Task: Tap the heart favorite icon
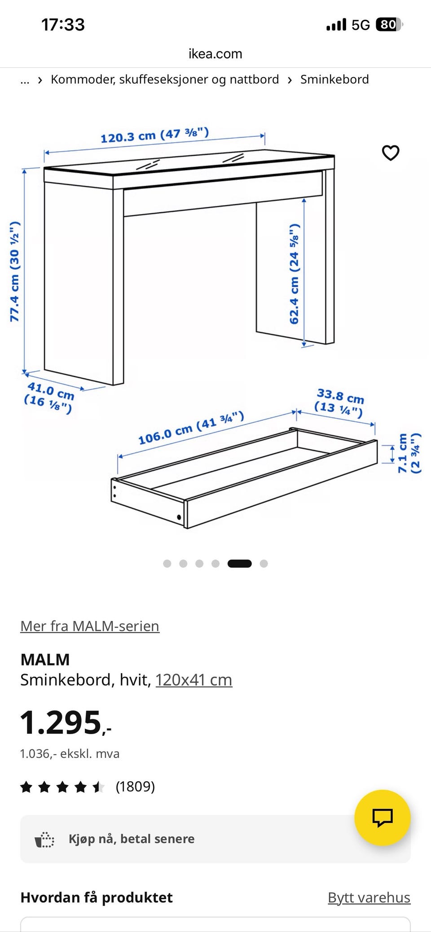click(x=390, y=153)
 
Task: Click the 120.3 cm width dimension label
click(x=154, y=135)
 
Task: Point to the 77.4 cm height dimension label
click(x=15, y=271)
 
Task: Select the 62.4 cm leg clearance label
click(x=294, y=274)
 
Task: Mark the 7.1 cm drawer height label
click(x=409, y=453)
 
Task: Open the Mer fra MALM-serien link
click(x=90, y=626)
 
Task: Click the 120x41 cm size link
click(x=194, y=680)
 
